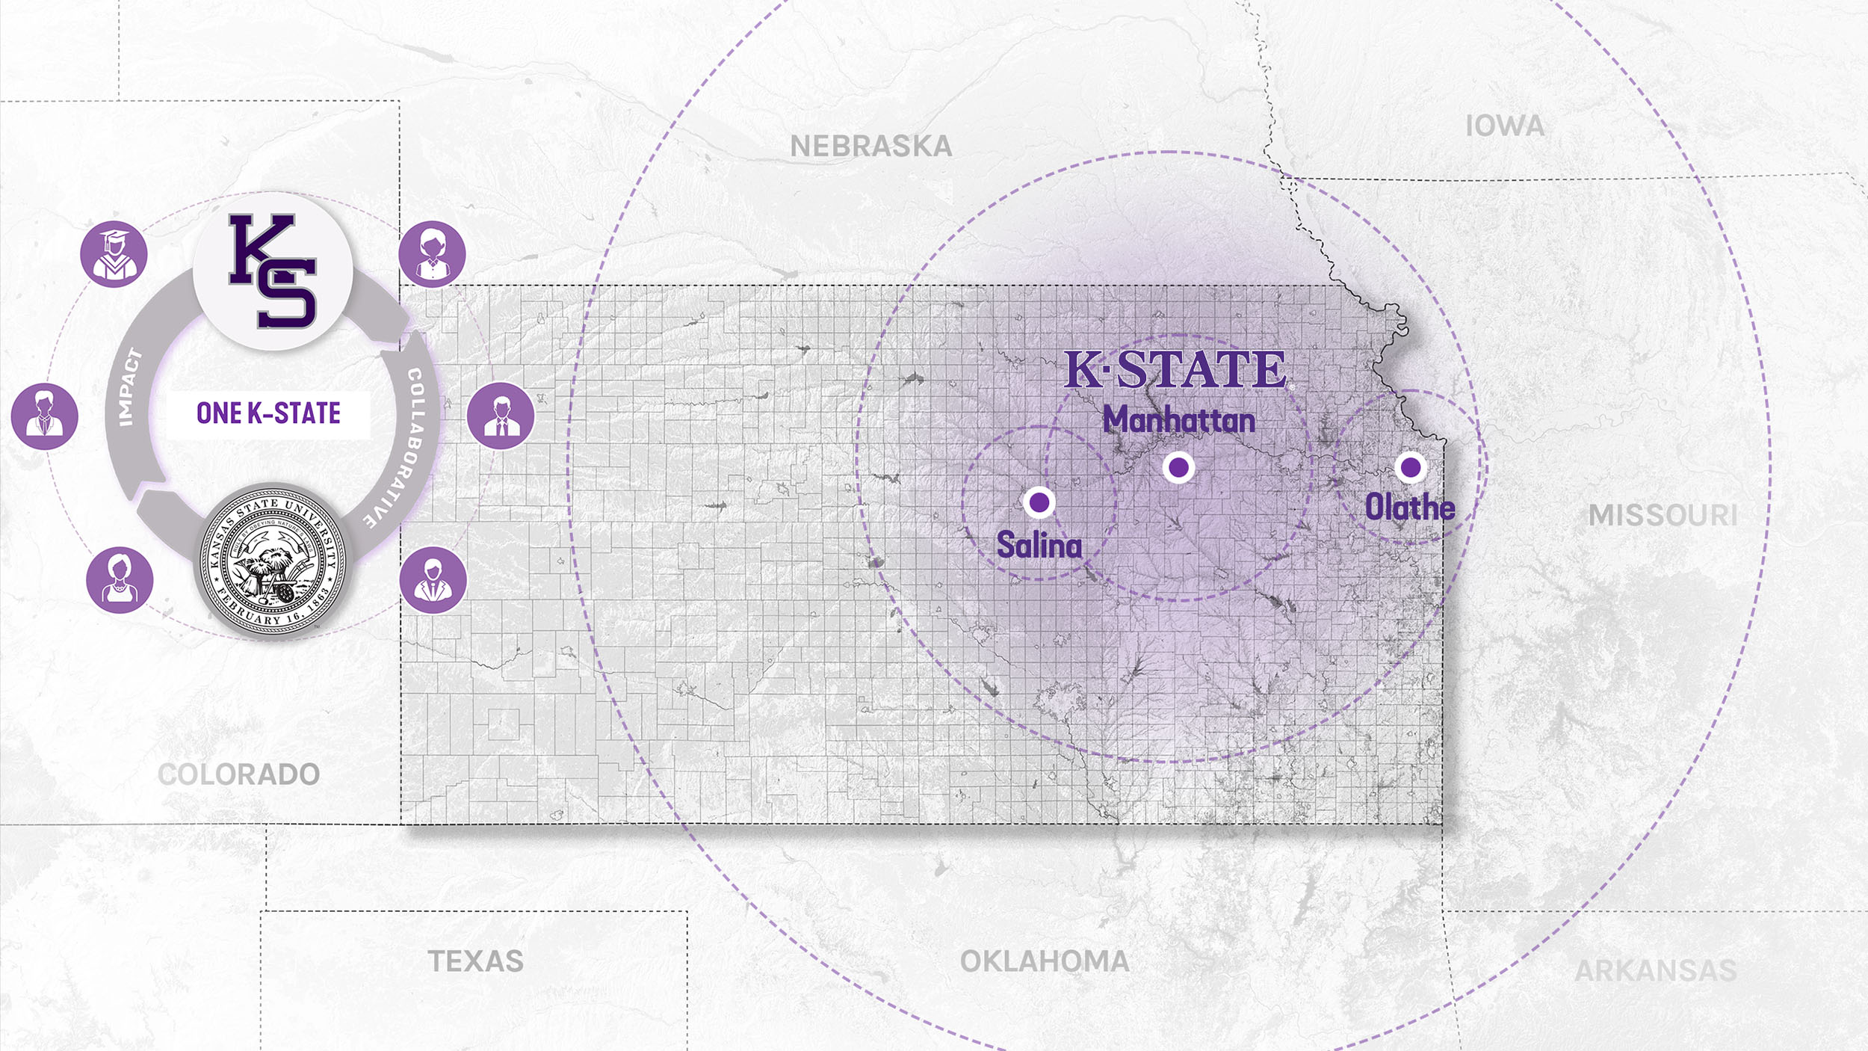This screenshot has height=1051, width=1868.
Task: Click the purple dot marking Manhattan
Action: click(1179, 468)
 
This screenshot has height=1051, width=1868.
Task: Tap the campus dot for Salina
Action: click(1039, 502)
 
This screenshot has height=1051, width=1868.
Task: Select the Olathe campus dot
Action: click(1411, 467)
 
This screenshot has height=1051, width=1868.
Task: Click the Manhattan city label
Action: click(1179, 420)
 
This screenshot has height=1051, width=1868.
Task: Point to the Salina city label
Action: click(1039, 545)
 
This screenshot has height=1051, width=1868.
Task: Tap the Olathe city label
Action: click(1410, 508)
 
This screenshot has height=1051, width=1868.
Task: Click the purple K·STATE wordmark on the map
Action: click(1175, 369)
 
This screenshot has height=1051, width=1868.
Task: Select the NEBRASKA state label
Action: click(871, 147)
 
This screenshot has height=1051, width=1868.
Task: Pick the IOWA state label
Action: click(1505, 126)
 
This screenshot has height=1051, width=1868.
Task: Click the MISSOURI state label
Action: click(1663, 515)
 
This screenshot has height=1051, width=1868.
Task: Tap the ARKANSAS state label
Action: click(1656, 971)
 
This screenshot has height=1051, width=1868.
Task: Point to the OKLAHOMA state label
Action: click(1045, 961)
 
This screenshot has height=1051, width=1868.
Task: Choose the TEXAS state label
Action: click(475, 961)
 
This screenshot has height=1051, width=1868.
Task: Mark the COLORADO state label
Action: click(239, 774)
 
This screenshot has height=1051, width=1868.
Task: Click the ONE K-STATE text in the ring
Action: click(269, 413)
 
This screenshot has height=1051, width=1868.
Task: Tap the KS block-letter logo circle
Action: click(273, 271)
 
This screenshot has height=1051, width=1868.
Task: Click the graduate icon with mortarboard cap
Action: click(114, 254)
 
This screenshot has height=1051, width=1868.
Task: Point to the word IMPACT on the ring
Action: click(130, 387)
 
